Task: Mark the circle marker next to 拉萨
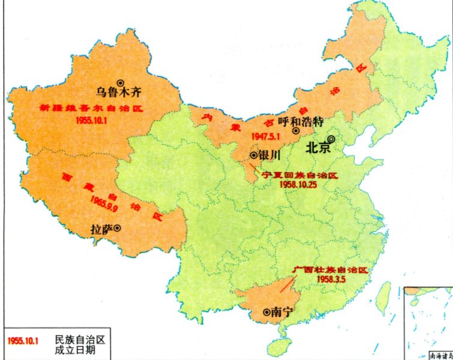point(118,228)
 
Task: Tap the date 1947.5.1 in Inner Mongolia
point(264,136)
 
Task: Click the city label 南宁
point(281,312)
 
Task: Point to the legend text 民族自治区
point(80,340)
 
